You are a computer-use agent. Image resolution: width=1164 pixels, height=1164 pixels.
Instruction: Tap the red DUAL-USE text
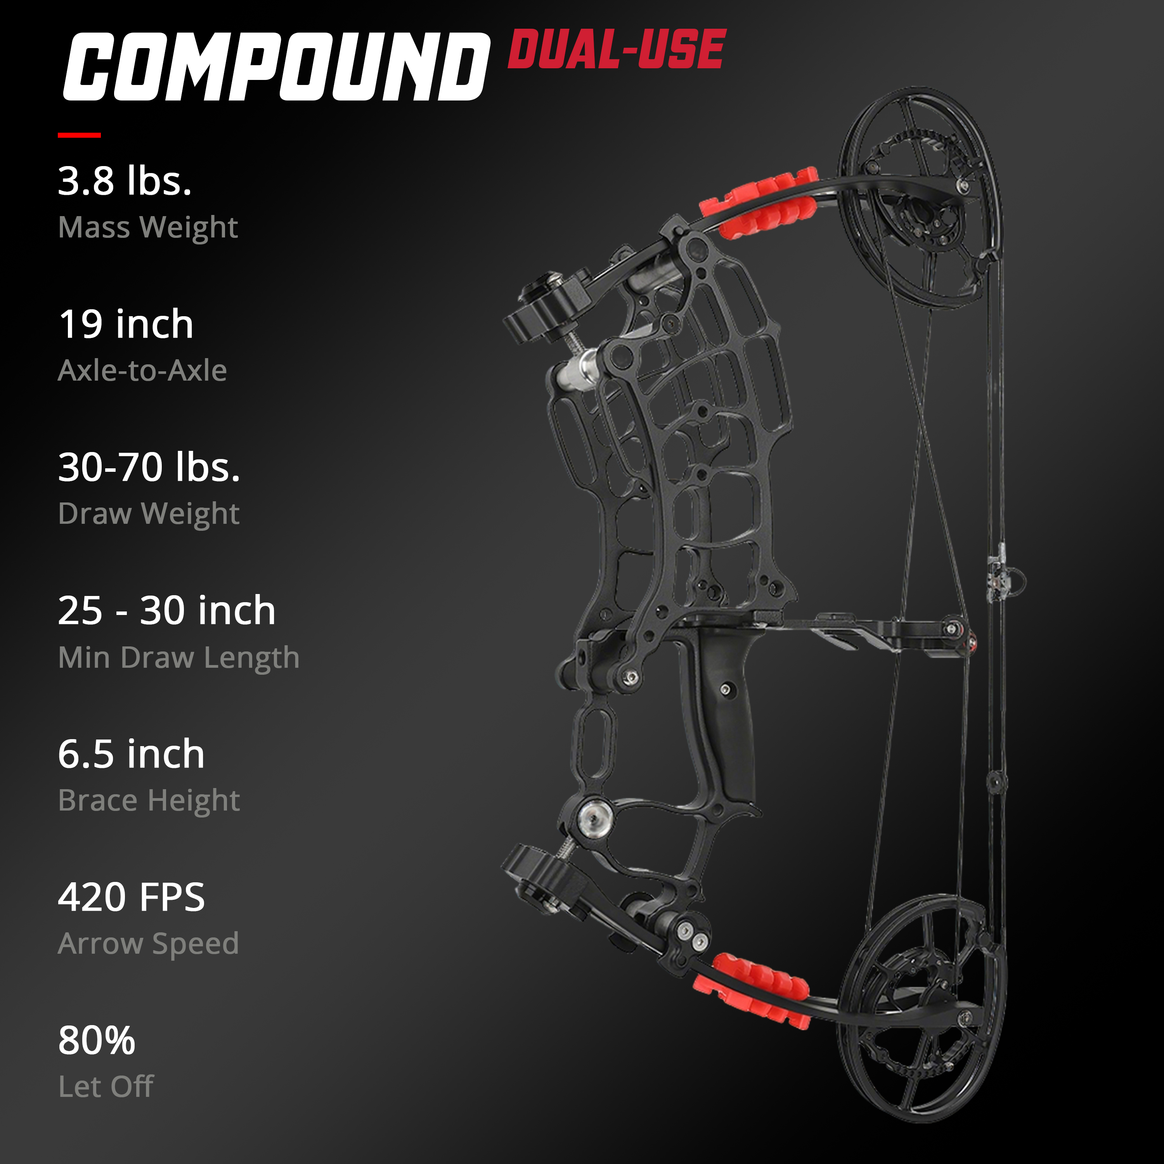tap(617, 49)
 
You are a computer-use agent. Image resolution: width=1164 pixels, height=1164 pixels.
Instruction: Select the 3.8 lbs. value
tap(125, 181)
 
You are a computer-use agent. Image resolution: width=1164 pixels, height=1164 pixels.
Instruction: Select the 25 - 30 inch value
tap(167, 610)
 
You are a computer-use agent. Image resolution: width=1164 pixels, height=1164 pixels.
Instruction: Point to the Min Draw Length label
tap(179, 657)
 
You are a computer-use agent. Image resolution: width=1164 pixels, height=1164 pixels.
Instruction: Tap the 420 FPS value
tap(132, 897)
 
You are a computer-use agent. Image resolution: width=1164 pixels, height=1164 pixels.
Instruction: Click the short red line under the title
tap(79, 135)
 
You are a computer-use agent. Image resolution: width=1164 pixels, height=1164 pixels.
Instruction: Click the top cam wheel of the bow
tap(919, 199)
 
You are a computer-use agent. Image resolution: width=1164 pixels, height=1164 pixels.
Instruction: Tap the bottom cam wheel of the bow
tap(919, 1006)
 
